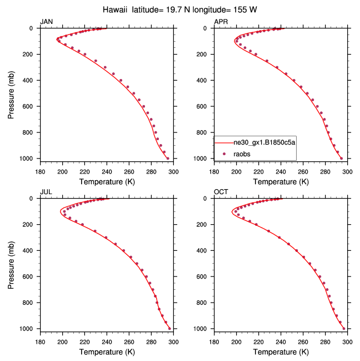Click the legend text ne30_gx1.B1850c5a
(x=264, y=143)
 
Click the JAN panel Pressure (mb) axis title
(x=12, y=93)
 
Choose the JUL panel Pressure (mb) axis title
(x=12, y=263)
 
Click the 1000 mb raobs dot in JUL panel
(x=169, y=328)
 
